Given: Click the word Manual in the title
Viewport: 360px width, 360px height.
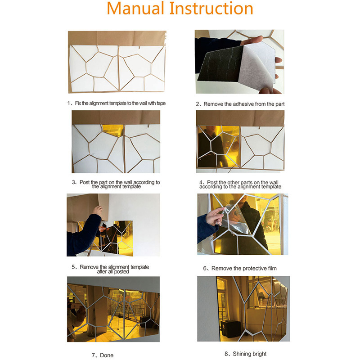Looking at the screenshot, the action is click(x=136, y=9).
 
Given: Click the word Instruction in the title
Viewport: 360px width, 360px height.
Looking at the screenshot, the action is click(x=211, y=9).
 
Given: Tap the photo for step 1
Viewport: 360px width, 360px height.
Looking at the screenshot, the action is click(x=117, y=62).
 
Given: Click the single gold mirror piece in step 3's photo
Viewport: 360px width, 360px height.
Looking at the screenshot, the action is click(x=113, y=130).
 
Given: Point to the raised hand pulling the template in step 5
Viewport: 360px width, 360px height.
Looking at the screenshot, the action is click(x=98, y=210).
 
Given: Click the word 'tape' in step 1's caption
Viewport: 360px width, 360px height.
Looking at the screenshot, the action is click(x=161, y=103).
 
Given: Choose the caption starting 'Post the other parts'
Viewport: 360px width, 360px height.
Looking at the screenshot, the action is click(x=240, y=184).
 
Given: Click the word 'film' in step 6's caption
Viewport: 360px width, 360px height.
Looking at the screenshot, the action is click(x=271, y=268).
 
